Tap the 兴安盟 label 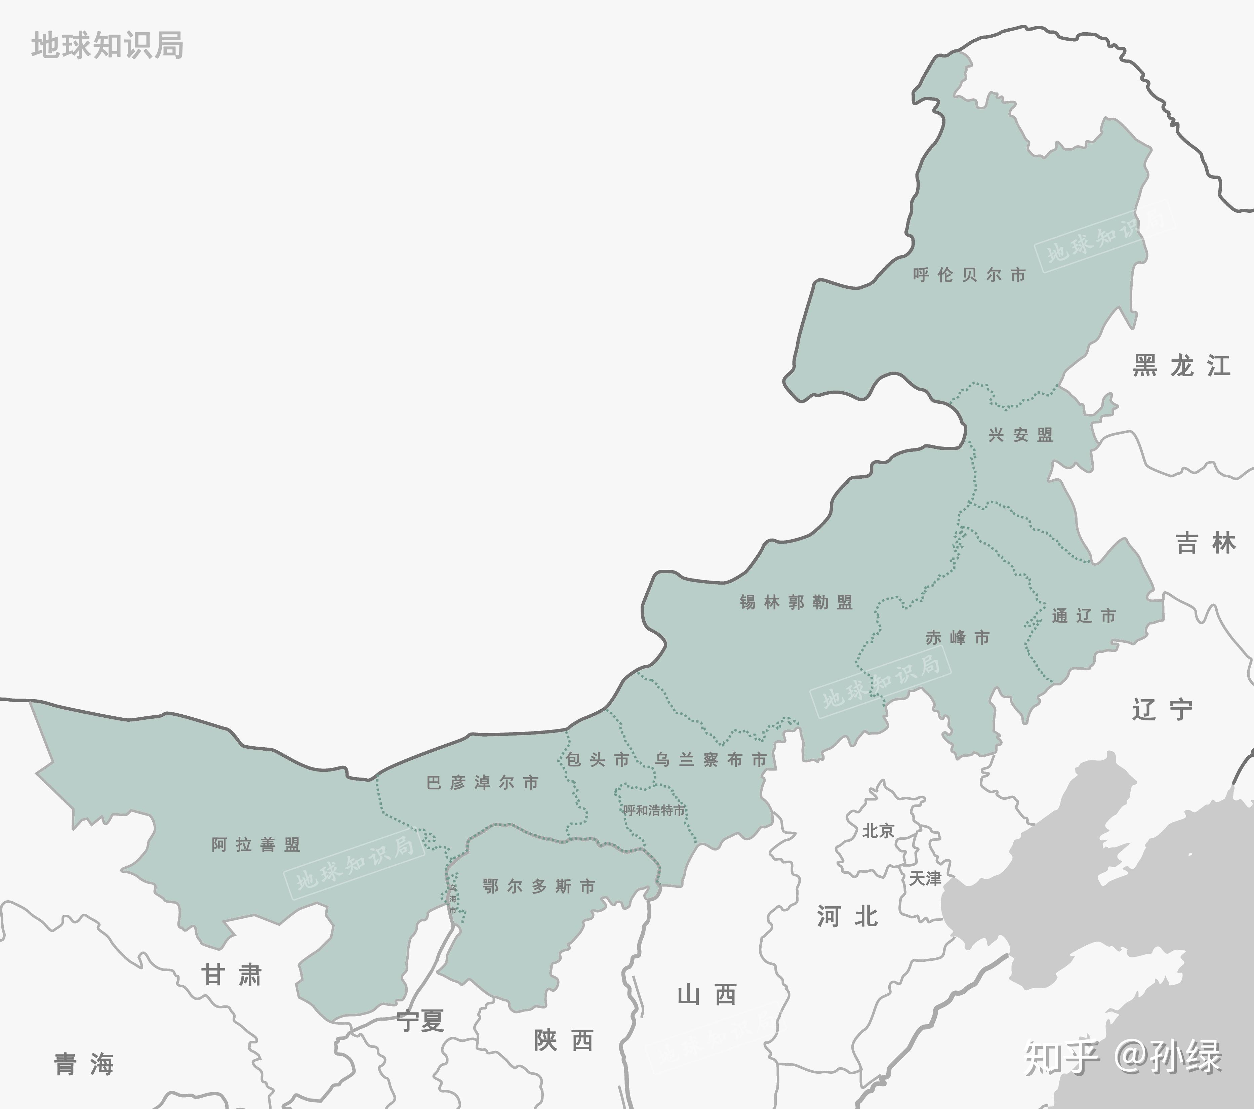click(x=1020, y=435)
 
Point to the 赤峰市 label click(x=957, y=638)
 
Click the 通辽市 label click(x=1084, y=616)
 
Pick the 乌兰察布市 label click(x=711, y=760)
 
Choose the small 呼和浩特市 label click(x=654, y=810)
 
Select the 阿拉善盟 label click(x=256, y=845)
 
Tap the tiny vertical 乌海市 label click(x=453, y=899)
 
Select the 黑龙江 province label click(x=1181, y=366)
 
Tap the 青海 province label click(x=84, y=1065)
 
